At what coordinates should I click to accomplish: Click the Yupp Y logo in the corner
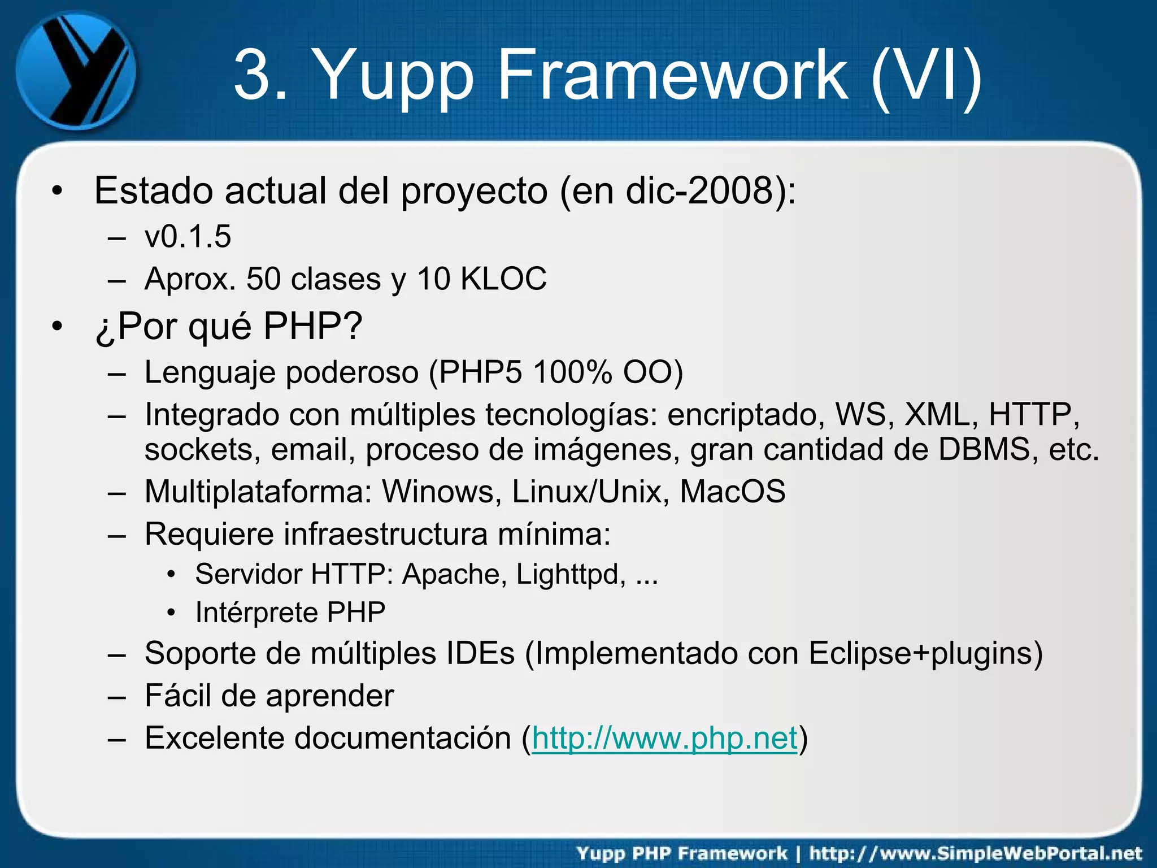coord(76,71)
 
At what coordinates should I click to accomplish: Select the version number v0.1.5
coord(188,237)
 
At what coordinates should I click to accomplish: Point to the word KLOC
coord(503,279)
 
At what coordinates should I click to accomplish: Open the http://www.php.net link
coord(664,738)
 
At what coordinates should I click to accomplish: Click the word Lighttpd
coord(571,575)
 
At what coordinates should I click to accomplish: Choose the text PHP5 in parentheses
coord(480,373)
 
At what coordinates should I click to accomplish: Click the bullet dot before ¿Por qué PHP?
coord(56,327)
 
